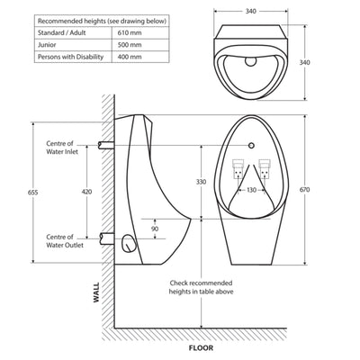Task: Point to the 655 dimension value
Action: [34, 192]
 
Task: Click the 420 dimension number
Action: [86, 192]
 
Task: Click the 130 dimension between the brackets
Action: [252, 191]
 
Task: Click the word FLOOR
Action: [200, 347]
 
